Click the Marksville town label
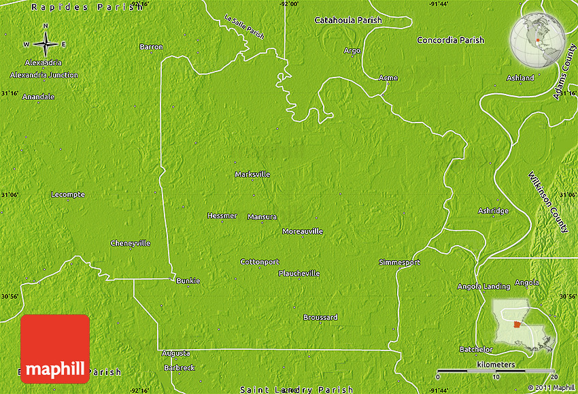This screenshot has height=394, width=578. (x=252, y=174)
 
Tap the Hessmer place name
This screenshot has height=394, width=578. (x=222, y=216)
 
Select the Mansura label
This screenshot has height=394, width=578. (x=262, y=217)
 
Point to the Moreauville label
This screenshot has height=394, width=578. (x=303, y=231)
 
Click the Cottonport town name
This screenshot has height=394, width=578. (x=260, y=262)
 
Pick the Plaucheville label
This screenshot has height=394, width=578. (x=299, y=274)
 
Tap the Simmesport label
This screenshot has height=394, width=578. (x=400, y=262)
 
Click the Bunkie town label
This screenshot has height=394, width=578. (x=188, y=280)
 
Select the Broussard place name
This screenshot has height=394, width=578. (x=320, y=317)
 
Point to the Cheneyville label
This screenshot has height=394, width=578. (x=131, y=243)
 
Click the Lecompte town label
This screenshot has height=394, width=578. (x=68, y=195)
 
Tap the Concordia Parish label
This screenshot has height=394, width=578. (x=450, y=40)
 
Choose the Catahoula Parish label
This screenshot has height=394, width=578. (x=348, y=20)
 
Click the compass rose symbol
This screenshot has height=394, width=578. (x=46, y=44)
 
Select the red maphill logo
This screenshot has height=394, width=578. (x=55, y=348)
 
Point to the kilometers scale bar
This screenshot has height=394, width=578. (x=496, y=372)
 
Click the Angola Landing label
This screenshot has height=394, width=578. (x=483, y=286)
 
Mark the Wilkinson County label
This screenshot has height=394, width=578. (x=547, y=202)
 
